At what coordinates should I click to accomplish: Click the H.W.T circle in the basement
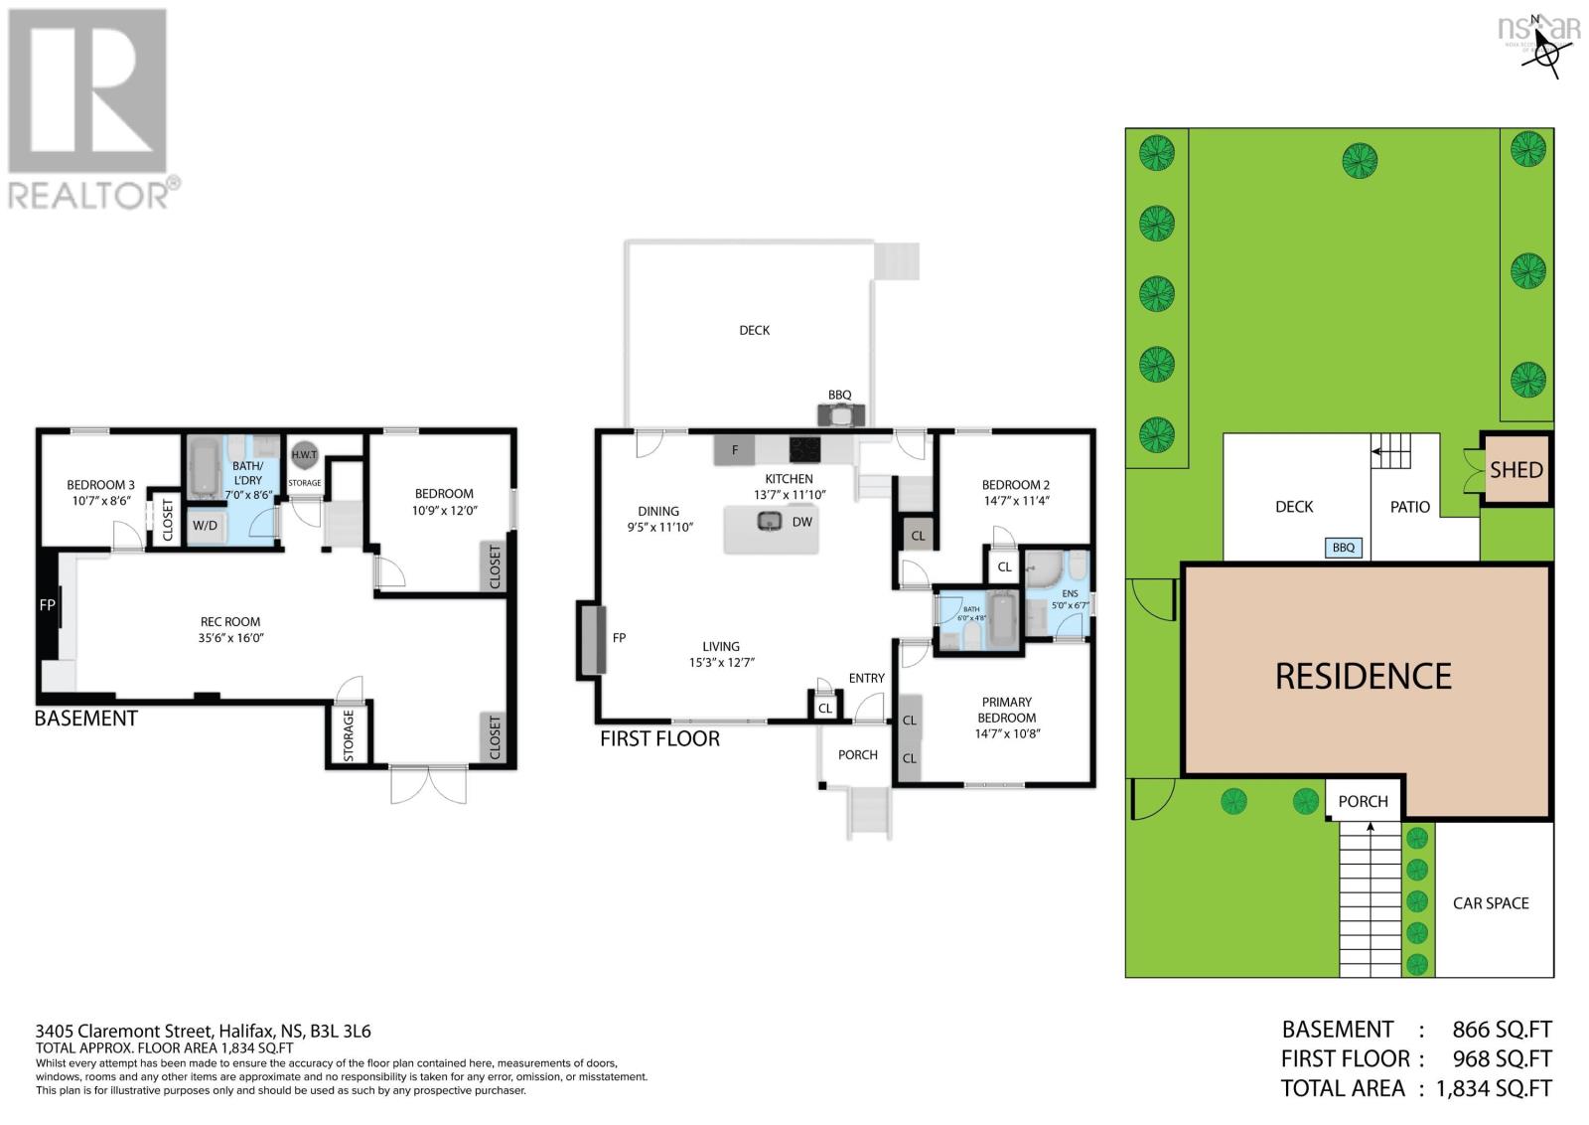pos(304,455)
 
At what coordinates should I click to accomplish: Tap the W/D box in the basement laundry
pos(206,525)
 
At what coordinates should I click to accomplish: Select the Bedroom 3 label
pos(100,485)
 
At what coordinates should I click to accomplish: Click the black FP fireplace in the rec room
pos(47,604)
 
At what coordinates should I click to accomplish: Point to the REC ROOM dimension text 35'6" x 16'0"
pos(230,638)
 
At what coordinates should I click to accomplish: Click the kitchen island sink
pos(769,520)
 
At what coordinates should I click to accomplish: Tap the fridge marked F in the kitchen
pos(735,450)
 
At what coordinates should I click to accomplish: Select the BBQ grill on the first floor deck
pos(840,414)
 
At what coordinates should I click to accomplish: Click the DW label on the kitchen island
pos(801,522)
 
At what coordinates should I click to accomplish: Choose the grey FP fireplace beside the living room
pos(592,638)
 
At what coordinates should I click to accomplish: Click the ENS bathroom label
pos(1070,593)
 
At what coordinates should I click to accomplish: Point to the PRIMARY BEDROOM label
pos(1007,710)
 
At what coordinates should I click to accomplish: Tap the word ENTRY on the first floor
pos(866,678)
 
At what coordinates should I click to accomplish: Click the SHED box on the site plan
pos(1516,470)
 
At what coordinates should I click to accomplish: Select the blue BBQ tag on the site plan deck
pos(1343,548)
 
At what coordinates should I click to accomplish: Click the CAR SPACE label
pos(1490,903)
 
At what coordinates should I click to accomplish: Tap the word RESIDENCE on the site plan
pos(1363,677)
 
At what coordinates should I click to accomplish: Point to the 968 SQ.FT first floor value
pos(1501,1059)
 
